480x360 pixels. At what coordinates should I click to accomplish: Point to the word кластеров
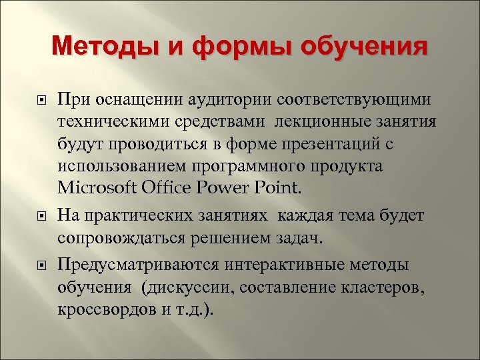[381, 287]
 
